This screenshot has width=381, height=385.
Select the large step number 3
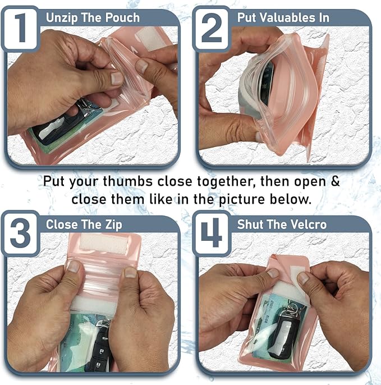tap(21, 233)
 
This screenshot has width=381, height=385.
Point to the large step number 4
tap(212, 233)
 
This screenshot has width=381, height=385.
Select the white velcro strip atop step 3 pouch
tap(104, 242)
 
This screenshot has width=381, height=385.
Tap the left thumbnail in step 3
tap(74, 266)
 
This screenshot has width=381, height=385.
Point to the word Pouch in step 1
tap(122, 17)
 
